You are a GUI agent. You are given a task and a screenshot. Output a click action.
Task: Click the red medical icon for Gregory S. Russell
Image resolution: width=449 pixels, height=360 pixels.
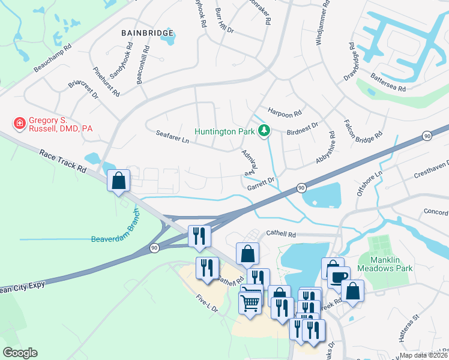[19, 123]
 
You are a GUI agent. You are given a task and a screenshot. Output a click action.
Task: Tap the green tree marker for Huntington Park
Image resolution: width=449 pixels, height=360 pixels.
[263, 130]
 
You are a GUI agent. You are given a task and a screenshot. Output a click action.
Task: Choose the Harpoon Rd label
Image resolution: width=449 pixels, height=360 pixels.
[285, 112]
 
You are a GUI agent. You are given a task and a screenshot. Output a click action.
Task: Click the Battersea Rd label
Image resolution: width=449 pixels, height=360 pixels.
[388, 84]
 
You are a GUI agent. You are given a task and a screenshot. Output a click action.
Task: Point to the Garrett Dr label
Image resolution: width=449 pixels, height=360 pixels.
[261, 183]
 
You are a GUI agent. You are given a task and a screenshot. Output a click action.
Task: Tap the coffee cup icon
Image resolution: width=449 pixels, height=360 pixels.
[338, 277]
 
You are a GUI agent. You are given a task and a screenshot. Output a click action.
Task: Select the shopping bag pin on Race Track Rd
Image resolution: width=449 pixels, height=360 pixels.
[119, 180]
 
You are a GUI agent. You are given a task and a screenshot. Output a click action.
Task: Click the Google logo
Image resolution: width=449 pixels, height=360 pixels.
[20, 353]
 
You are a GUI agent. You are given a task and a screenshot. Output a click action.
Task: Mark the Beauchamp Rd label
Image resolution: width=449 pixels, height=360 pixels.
[53, 58]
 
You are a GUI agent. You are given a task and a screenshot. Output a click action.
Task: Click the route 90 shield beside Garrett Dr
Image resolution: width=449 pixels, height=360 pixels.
[301, 189]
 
